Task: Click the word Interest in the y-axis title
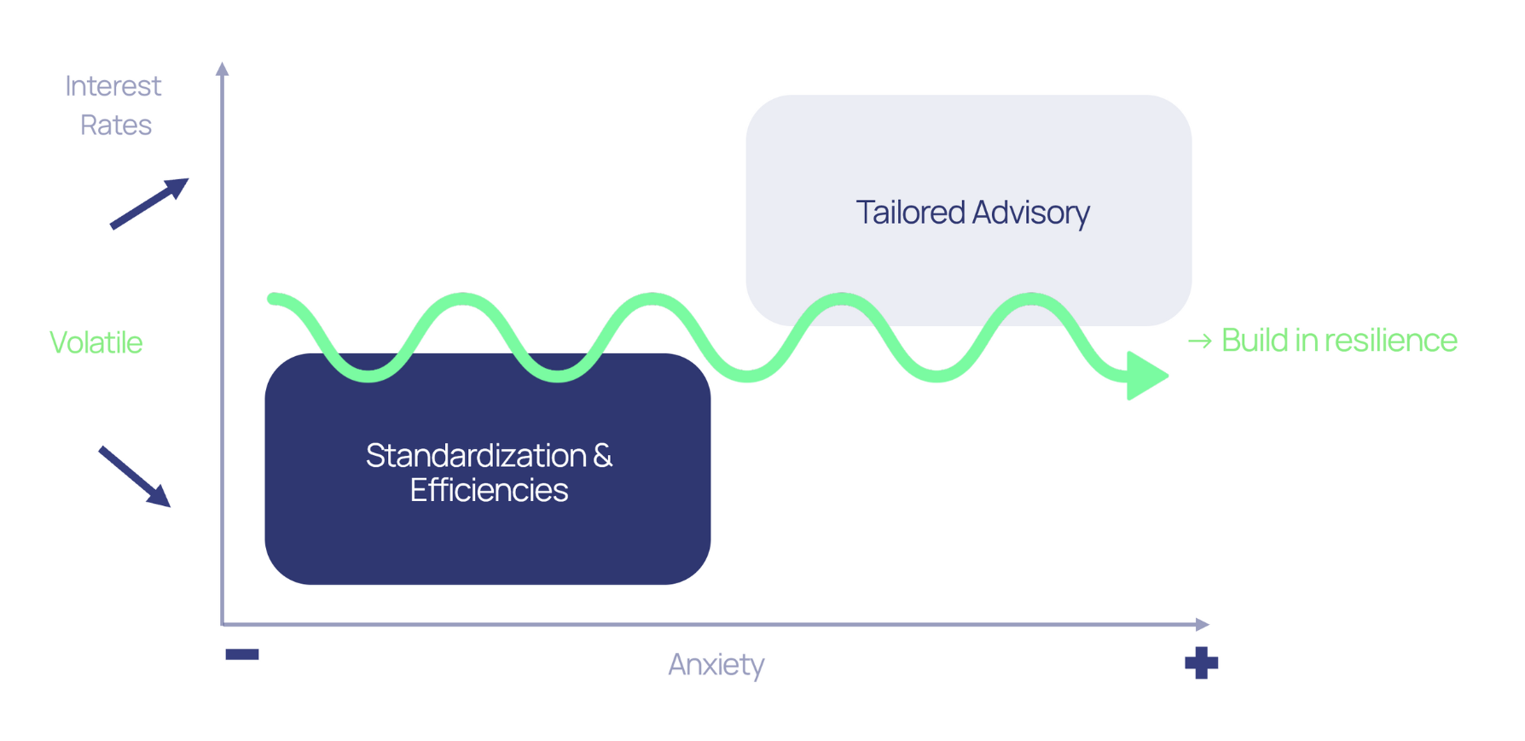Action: [x=113, y=85]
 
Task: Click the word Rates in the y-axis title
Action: [x=116, y=125]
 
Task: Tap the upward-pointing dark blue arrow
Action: [x=149, y=203]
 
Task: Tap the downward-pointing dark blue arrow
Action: [x=135, y=476]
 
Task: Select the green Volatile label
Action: [x=96, y=342]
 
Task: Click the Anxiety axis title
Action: [x=716, y=664]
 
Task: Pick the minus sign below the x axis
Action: [x=242, y=655]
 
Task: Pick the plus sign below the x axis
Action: [x=1201, y=663]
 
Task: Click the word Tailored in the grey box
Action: [x=911, y=212]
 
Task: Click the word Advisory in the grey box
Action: [x=1031, y=213]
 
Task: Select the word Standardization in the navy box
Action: [x=476, y=455]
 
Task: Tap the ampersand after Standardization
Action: [x=603, y=455]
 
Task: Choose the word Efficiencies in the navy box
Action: [x=489, y=490]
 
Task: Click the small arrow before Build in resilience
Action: [x=1200, y=341]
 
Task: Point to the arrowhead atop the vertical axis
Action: [x=223, y=68]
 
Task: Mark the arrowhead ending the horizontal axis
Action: [x=1203, y=624]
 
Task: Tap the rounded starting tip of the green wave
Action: [x=274, y=298]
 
